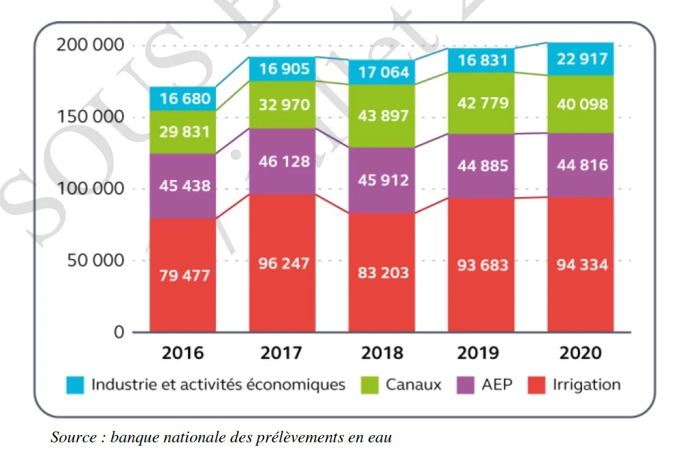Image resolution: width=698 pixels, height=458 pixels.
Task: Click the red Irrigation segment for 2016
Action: (183, 275)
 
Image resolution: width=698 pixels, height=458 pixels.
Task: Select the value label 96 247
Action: (282, 264)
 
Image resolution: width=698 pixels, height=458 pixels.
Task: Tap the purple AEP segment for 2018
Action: (382, 180)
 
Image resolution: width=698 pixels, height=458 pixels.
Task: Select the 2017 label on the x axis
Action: (282, 353)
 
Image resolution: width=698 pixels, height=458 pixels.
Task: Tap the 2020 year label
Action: (581, 353)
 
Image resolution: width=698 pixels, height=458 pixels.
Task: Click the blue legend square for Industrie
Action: (75, 385)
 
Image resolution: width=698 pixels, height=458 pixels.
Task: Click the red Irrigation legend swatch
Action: (537, 385)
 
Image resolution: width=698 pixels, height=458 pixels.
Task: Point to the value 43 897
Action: (382, 116)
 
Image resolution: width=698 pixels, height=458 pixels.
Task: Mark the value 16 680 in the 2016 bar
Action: (183, 99)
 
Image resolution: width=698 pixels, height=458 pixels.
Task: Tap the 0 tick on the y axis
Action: (120, 332)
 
